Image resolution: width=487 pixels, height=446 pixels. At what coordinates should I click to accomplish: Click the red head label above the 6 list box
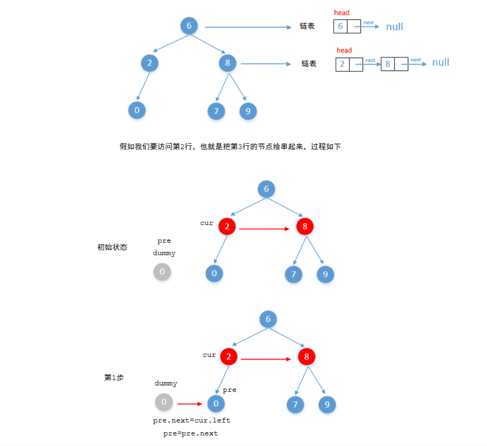click(341, 13)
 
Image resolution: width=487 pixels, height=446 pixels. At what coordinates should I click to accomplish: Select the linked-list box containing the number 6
click(340, 27)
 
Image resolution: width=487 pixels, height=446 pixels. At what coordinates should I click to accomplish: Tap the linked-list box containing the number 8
click(388, 64)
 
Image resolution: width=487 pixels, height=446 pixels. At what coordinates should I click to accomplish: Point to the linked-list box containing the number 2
click(342, 64)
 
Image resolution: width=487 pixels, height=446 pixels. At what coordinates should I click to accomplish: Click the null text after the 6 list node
click(394, 27)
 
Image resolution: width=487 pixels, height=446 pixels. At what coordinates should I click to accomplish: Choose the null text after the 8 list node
click(440, 62)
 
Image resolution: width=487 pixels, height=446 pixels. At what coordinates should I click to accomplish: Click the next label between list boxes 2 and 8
click(370, 60)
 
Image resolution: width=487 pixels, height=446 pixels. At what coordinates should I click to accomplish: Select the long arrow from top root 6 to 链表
click(248, 27)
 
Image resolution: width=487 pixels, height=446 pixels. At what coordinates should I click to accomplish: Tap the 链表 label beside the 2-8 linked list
click(309, 64)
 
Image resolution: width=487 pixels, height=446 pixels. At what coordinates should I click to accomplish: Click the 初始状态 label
click(112, 248)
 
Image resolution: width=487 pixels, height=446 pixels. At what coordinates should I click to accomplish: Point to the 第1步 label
click(114, 378)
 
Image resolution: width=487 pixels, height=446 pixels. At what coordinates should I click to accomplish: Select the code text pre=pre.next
click(191, 434)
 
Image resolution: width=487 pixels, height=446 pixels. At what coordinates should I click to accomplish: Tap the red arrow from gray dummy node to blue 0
click(189, 404)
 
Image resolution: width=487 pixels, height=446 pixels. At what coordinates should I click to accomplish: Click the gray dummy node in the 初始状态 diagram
click(162, 272)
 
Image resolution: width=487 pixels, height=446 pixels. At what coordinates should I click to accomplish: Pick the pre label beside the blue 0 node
click(230, 390)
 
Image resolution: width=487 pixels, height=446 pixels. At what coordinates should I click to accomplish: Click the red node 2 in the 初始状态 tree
click(227, 226)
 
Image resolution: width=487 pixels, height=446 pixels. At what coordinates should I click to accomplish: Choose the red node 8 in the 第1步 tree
click(307, 356)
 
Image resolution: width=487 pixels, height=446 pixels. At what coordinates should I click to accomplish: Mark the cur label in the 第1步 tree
click(209, 355)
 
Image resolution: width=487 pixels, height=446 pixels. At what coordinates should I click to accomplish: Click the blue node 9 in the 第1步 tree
click(327, 404)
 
